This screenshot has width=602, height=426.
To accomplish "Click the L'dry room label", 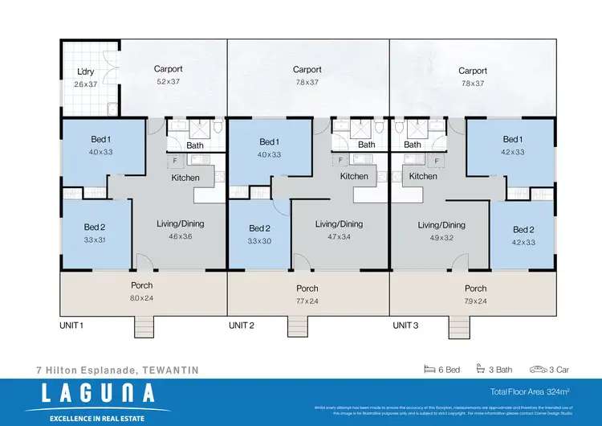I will (86, 69).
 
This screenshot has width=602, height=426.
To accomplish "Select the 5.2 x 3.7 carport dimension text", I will (169, 82).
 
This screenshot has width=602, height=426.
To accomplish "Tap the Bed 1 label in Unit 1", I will (100, 139).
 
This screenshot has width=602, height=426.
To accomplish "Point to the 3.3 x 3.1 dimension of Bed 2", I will (95, 240).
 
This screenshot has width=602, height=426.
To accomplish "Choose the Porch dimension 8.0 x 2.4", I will (142, 299).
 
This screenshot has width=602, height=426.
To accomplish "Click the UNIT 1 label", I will (72, 326).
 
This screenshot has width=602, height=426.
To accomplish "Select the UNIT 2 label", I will (242, 326).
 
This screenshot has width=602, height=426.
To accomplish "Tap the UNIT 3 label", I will (405, 326).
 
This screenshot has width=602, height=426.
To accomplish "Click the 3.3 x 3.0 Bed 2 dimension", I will (259, 240).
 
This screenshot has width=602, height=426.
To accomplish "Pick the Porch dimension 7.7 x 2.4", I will (307, 301).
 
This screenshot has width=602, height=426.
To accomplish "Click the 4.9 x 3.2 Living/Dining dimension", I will (441, 238).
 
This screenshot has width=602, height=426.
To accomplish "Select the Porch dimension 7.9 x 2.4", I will (475, 301).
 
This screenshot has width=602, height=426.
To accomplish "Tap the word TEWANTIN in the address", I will (169, 370).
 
